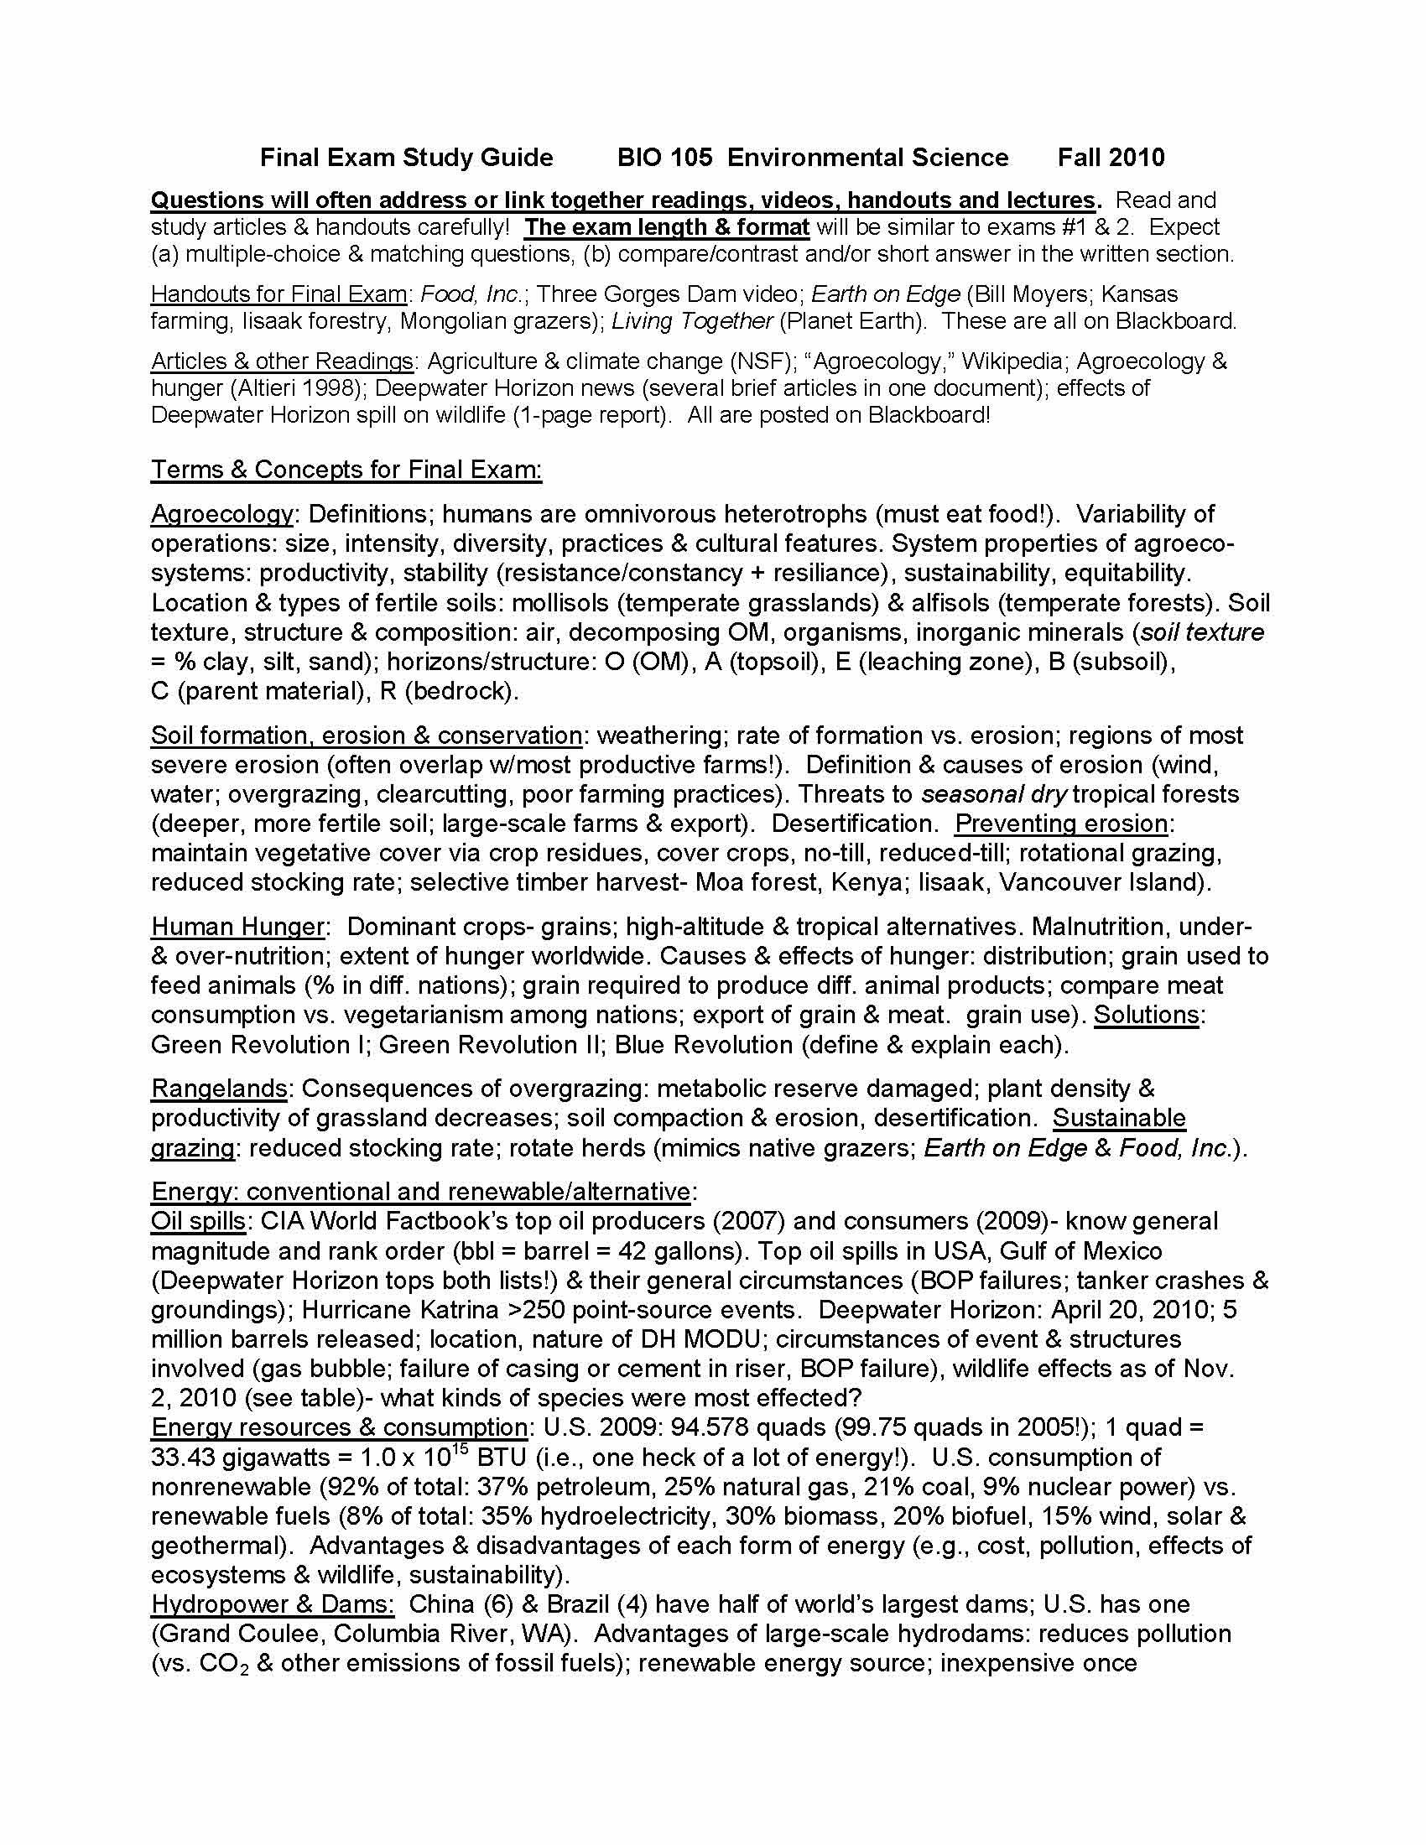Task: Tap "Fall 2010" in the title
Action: click(x=1111, y=158)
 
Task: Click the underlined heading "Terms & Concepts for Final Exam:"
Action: click(x=346, y=470)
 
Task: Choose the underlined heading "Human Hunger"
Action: click(x=237, y=927)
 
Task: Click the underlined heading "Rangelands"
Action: click(x=219, y=1089)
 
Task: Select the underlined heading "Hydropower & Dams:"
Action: click(x=273, y=1604)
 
